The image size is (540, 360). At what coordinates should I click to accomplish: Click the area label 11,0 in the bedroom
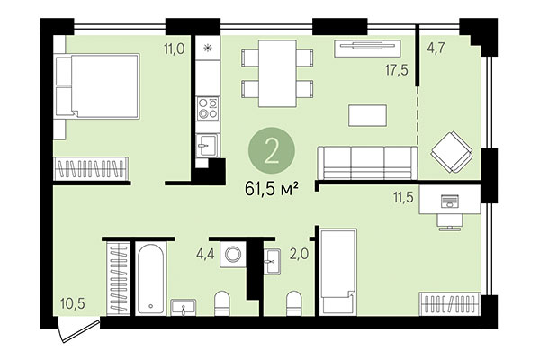click(173, 49)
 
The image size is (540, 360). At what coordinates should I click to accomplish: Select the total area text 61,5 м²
click(271, 189)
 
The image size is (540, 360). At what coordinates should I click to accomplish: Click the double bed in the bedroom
click(97, 85)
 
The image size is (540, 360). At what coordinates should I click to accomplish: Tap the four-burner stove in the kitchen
click(208, 109)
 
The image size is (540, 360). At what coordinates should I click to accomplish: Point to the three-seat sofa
click(366, 162)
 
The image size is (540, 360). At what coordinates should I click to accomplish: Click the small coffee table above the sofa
click(368, 115)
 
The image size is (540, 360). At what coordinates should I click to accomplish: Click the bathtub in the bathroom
click(150, 272)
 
